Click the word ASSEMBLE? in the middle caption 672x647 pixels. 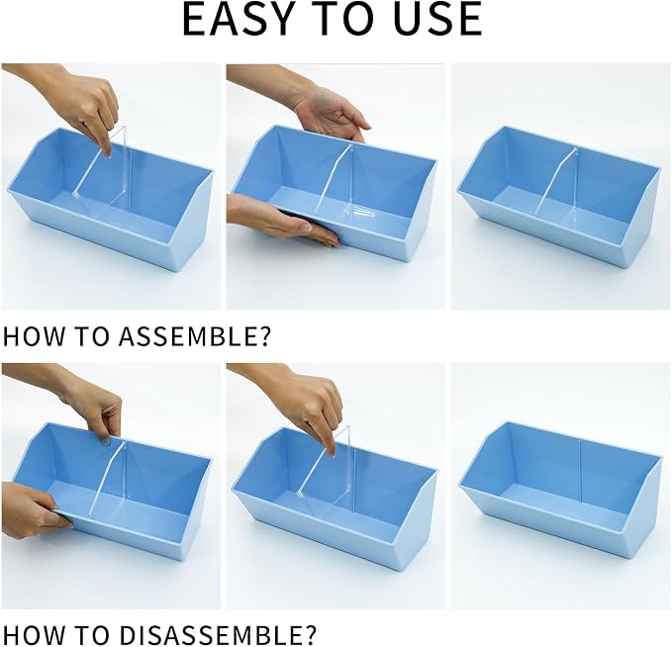195,336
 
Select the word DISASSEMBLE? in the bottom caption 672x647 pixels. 218,635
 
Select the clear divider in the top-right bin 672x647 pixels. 557,189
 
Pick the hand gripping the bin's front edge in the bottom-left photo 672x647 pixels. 35,509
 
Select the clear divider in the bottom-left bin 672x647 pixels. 109,480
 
